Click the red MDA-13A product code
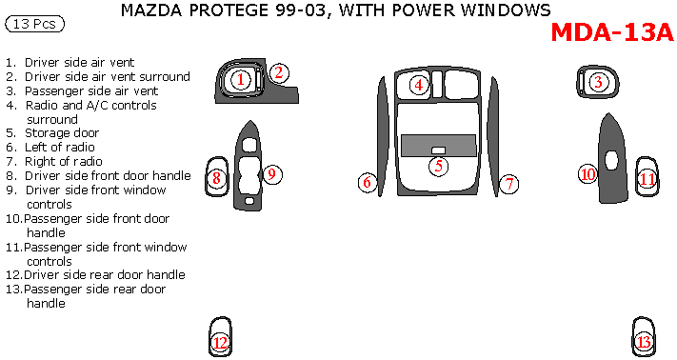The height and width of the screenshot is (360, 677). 612,32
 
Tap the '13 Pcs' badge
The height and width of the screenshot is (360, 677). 34,24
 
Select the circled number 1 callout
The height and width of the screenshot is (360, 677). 241,79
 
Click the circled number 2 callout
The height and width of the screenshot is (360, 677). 279,72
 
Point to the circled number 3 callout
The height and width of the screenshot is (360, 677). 598,82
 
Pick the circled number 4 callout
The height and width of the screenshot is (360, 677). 418,85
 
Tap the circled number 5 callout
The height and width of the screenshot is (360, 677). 439,166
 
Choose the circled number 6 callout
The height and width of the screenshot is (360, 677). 368,182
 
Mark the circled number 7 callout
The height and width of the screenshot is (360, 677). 509,184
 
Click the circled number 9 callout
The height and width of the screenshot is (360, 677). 272,174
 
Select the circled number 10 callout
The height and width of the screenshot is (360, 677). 588,174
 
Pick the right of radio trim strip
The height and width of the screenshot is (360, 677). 495,137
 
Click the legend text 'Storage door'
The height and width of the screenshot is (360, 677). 62,133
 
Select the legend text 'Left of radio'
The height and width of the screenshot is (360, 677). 60,148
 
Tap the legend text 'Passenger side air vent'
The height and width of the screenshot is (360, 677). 91,91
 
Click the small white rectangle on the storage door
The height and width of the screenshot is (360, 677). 438,150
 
